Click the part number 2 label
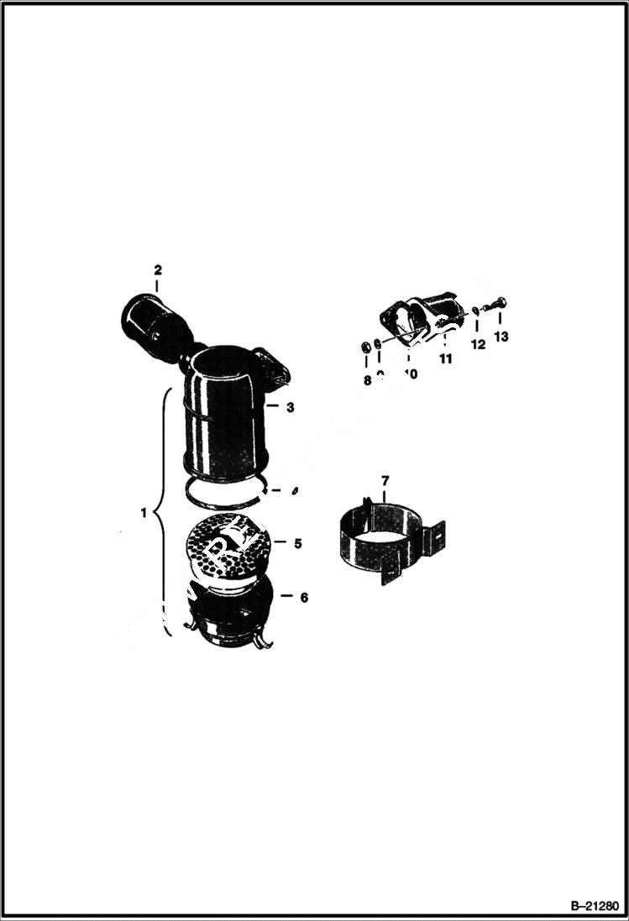click(x=157, y=269)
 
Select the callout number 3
click(x=289, y=407)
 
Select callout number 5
click(x=297, y=542)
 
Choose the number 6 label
click(x=303, y=597)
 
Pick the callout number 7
click(x=385, y=480)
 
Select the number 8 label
click(x=367, y=379)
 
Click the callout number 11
click(x=445, y=358)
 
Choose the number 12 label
click(x=478, y=344)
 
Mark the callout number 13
click(x=501, y=337)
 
